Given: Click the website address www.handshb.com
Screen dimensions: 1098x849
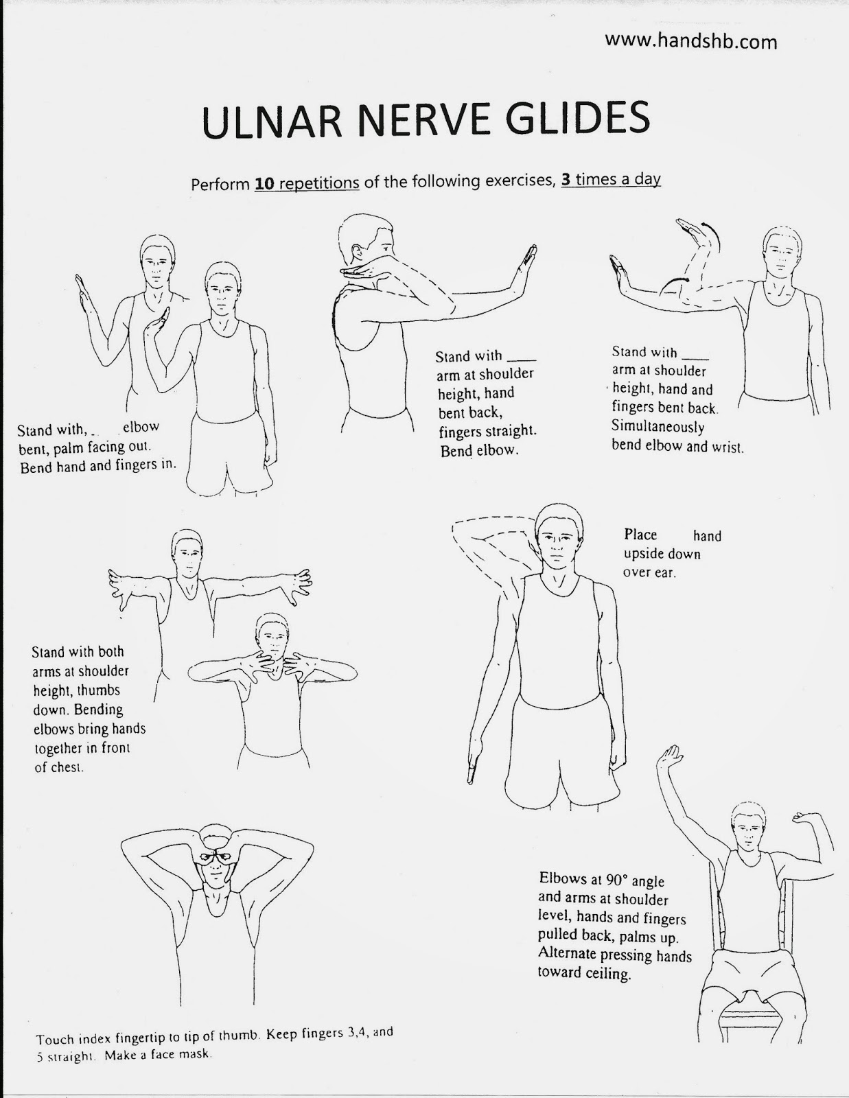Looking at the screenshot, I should tap(690, 42).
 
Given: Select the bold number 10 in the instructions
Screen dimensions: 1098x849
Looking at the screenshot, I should tap(263, 184).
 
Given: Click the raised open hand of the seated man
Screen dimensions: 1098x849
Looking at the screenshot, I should tap(669, 758).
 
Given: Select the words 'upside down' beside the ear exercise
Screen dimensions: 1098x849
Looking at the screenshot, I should tap(662, 554).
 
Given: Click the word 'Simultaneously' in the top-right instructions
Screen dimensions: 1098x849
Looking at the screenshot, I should tap(658, 427).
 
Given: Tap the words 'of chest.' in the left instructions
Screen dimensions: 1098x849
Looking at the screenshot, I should tap(59, 767).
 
